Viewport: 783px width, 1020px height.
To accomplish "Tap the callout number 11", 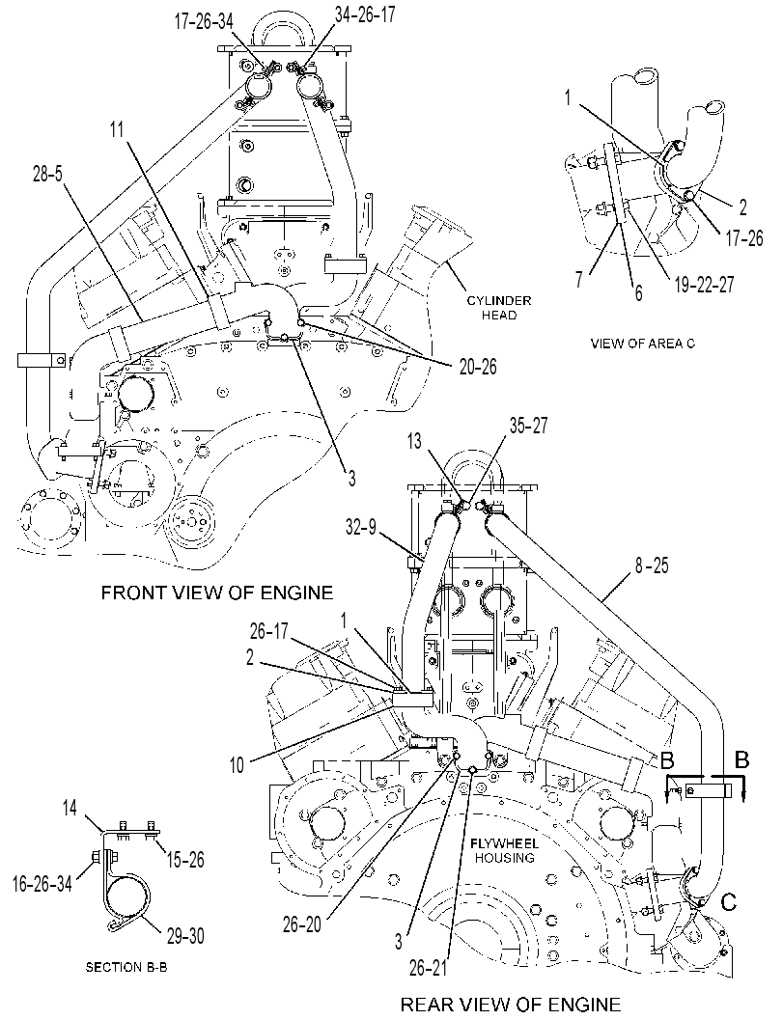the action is coord(117,129).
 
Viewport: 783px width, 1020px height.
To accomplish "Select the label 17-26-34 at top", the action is coord(203,22).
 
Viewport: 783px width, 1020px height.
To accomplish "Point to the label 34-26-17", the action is coord(365,15).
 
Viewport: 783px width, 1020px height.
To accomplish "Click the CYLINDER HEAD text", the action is coord(499,308).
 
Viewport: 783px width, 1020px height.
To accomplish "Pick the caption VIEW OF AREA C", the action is coord(642,343).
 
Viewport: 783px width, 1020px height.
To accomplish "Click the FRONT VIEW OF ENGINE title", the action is coord(216,592).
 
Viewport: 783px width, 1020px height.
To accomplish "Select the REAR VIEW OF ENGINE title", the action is coord(511,1005).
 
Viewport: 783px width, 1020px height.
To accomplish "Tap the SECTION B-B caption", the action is coord(126,967).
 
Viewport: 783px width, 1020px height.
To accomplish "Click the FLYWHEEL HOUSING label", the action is coord(504,851).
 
